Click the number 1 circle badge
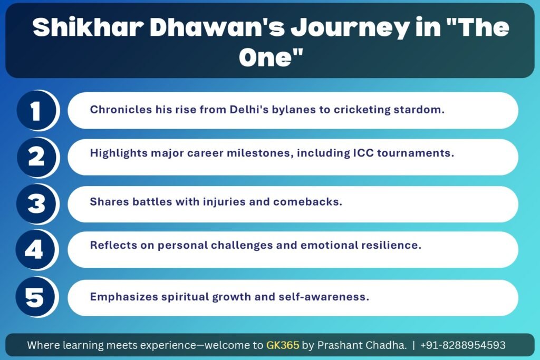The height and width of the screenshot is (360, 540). click(x=36, y=111)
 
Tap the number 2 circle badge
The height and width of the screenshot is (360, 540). click(x=36, y=157)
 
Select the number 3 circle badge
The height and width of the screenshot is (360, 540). click(x=36, y=204)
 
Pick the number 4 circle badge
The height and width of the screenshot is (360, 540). click(x=35, y=250)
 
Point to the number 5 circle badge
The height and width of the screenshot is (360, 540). click(x=35, y=297)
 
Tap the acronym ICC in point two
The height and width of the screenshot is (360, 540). click(x=363, y=152)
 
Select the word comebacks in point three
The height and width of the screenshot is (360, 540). click(x=307, y=201)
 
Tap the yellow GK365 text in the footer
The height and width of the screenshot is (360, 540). click(x=283, y=345)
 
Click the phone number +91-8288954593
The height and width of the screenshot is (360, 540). click(x=463, y=345)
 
